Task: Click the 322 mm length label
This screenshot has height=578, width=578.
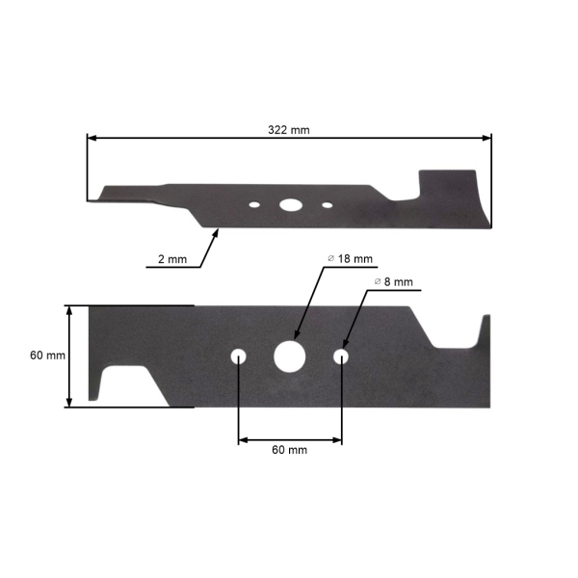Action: (288, 129)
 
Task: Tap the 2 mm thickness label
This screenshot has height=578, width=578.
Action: (173, 259)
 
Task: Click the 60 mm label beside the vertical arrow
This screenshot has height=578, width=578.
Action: (47, 355)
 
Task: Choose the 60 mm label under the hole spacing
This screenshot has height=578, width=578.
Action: (289, 450)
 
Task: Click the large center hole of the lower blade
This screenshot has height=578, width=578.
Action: (288, 355)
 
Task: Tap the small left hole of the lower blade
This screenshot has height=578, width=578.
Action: (238, 356)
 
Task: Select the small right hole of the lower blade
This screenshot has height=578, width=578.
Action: (340, 356)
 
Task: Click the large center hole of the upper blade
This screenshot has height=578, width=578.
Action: (288, 204)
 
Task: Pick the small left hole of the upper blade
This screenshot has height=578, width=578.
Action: (253, 204)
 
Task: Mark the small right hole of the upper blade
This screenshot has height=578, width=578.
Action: (327, 204)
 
